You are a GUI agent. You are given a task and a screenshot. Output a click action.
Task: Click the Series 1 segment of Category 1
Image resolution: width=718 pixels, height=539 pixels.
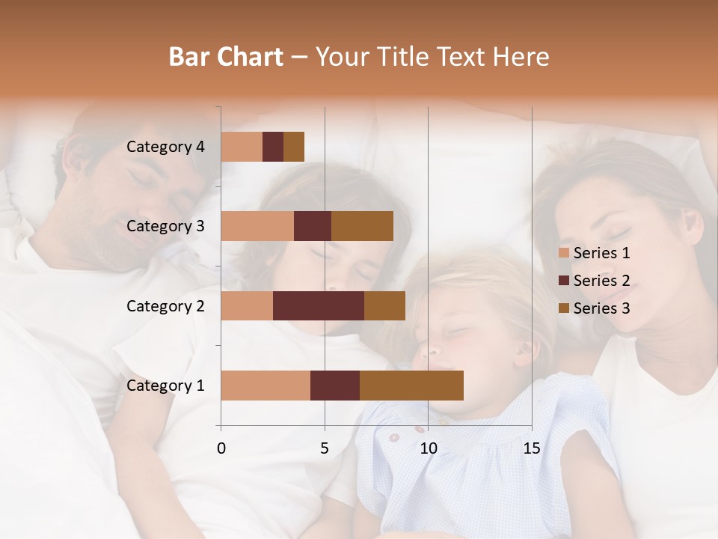pyautogui.click(x=266, y=386)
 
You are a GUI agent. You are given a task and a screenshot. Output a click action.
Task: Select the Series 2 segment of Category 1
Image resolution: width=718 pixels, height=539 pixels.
pyautogui.click(x=335, y=386)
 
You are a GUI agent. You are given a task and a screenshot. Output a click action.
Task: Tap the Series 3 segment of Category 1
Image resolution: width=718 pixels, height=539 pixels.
pyautogui.click(x=411, y=386)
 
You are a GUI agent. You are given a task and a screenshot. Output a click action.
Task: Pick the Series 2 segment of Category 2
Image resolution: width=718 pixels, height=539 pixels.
pyautogui.click(x=319, y=305)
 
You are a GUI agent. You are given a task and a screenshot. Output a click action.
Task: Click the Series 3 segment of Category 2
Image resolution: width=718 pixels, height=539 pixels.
pyautogui.click(x=384, y=305)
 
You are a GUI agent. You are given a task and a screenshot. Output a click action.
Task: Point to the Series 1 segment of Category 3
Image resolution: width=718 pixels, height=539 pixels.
pyautogui.click(x=257, y=226)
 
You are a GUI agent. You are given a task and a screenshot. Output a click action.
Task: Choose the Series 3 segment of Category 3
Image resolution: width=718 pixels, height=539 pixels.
pyautogui.click(x=362, y=226)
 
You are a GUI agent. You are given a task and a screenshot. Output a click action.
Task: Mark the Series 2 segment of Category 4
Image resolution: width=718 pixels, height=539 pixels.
pyautogui.click(x=273, y=147)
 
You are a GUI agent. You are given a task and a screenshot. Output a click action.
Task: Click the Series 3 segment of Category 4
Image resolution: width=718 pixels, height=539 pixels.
pyautogui.click(x=294, y=147)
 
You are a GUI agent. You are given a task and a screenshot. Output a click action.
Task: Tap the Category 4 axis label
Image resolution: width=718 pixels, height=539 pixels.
pyautogui.click(x=165, y=147)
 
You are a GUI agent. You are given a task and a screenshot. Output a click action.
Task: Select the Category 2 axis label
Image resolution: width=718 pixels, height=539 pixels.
pyautogui.click(x=165, y=305)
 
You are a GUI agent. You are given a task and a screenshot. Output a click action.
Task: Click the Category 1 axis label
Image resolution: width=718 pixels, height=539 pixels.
pyautogui.click(x=165, y=386)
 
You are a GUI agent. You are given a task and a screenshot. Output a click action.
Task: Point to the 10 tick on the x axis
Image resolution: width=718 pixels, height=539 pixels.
pyautogui.click(x=428, y=448)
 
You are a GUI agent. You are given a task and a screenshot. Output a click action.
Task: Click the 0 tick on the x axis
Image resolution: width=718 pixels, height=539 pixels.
pyautogui.click(x=221, y=448)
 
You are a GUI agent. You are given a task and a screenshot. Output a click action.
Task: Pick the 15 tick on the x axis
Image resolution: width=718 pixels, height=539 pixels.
pyautogui.click(x=532, y=448)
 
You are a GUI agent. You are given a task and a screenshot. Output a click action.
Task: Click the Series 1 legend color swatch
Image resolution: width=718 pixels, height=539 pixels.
pyautogui.click(x=563, y=253)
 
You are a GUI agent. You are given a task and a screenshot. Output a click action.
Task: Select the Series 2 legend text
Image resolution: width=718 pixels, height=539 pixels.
pyautogui.click(x=601, y=281)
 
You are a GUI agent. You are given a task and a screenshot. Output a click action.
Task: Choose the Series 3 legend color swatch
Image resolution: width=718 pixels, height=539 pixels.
pyautogui.click(x=563, y=308)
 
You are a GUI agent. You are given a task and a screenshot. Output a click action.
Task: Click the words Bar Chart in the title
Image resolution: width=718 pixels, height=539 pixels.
pyautogui.click(x=226, y=57)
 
